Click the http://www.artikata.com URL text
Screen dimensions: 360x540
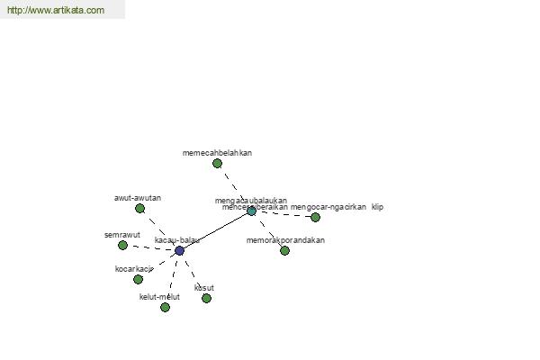pos(56,11)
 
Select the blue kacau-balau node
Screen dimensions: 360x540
pos(179,250)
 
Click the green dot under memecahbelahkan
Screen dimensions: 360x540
pos(217,163)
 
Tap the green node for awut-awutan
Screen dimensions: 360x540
pos(139,208)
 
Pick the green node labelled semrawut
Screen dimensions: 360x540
pos(122,245)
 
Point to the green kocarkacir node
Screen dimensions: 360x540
pos(138,279)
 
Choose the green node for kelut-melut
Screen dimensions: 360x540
pos(165,307)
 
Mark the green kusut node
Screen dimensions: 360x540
pos(206,298)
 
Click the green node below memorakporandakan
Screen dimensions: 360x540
pos(284,250)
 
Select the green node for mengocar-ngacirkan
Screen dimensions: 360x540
pos(315,217)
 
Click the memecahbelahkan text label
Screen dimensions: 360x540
pos(217,153)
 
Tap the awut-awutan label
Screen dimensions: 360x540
pos(138,198)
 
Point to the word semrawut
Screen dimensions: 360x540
pos(122,235)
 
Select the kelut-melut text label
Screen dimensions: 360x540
pos(159,297)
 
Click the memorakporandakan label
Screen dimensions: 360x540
pos(285,240)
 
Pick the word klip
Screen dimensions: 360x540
pos(377,207)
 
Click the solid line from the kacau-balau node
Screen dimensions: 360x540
pos(216,230)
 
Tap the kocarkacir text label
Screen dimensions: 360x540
pos(134,268)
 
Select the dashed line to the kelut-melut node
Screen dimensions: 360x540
pos(172,279)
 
